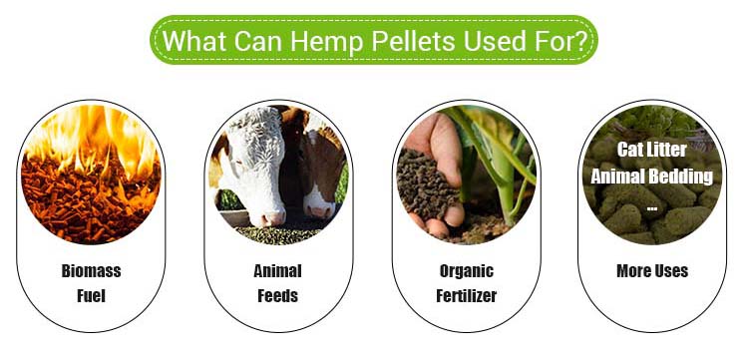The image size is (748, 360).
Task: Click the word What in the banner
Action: pos(193,42)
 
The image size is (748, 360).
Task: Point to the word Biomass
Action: pos(91,270)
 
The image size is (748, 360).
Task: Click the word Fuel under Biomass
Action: pos(91,295)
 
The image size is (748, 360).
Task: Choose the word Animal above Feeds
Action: pos(277,270)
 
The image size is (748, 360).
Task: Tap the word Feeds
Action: pos(277,295)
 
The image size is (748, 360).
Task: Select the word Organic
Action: pos(466,270)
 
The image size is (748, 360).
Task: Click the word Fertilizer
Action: pos(466,295)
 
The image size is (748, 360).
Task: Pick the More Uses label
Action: pos(653,270)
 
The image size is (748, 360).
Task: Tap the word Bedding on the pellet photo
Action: pos(686,177)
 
